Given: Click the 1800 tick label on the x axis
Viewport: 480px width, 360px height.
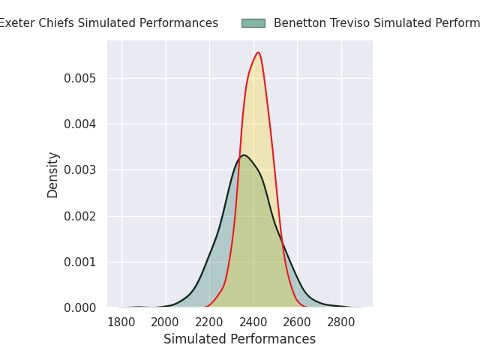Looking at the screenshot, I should click(x=121, y=322).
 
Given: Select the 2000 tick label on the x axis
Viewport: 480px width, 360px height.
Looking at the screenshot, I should click(x=165, y=322).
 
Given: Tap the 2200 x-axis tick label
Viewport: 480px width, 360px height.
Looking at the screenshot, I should click(x=209, y=322).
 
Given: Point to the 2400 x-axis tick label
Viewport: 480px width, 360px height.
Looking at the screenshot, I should click(x=253, y=322).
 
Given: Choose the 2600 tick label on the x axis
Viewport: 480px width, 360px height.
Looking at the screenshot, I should click(x=297, y=322).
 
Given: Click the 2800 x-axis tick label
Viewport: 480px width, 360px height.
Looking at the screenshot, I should click(x=341, y=322).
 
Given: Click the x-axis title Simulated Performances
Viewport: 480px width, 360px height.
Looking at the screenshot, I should click(x=239, y=340).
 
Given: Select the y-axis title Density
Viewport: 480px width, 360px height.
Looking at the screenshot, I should click(x=53, y=175).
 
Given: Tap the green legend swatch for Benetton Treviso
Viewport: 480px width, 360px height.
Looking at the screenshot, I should click(x=253, y=23).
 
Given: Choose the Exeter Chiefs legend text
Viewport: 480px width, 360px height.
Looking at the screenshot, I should click(x=109, y=23).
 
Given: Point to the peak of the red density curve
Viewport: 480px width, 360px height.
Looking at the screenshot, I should click(x=258, y=52).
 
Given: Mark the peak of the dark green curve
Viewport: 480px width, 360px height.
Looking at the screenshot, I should click(x=244, y=155).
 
